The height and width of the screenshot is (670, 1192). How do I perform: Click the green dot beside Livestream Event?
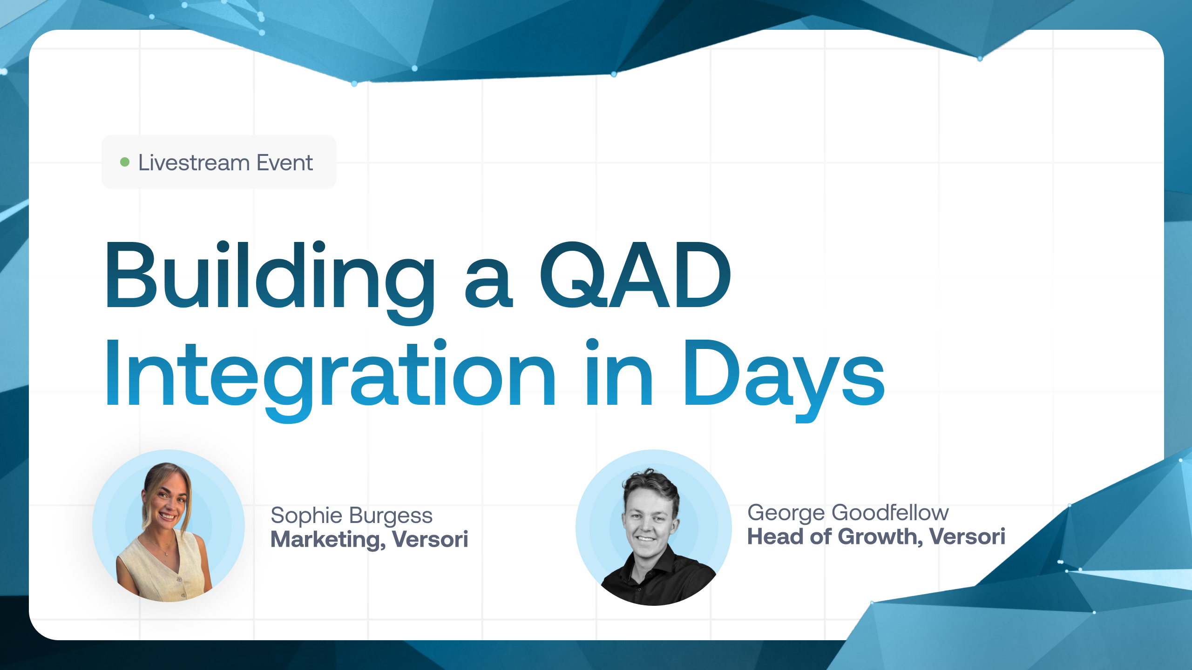(125, 162)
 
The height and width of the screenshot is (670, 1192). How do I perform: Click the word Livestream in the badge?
(194, 162)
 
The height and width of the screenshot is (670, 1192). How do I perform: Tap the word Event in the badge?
(285, 162)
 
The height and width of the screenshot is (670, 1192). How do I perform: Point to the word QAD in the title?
(636, 275)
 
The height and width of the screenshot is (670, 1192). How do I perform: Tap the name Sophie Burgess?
(352, 516)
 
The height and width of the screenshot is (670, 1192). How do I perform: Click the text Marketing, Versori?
(369, 539)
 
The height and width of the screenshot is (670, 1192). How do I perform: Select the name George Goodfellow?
(848, 513)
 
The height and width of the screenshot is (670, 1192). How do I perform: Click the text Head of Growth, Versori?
(876, 536)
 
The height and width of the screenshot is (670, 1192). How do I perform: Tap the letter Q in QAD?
(572, 275)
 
